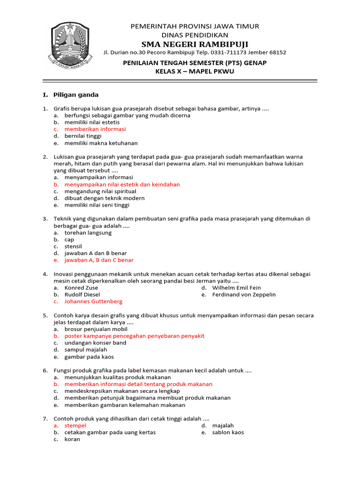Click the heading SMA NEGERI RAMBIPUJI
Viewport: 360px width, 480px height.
[195, 44]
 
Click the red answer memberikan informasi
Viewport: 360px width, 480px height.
[95, 129]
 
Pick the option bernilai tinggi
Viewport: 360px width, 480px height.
[83, 136]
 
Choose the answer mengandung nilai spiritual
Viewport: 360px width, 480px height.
[100, 191]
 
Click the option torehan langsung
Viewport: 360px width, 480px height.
[88, 232]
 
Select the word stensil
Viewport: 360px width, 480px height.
[73, 246]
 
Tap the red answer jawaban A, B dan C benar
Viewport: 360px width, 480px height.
[99, 260]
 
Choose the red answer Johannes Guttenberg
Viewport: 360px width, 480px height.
[93, 301]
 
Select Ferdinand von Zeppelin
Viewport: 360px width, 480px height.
[244, 295]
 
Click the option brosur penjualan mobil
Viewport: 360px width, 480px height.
[96, 329]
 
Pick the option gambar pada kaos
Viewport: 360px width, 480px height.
[89, 356]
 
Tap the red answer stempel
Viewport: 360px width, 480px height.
[75, 426]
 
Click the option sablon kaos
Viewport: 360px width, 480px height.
[228, 432]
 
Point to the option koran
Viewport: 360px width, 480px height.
[72, 439]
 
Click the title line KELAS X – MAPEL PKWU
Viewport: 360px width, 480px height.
[195, 71]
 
